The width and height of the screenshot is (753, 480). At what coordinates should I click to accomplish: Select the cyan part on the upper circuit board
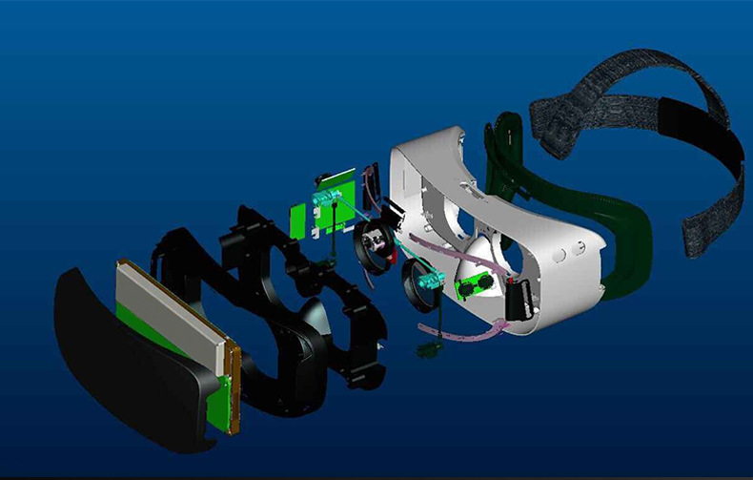pyautogui.click(x=329, y=198)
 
